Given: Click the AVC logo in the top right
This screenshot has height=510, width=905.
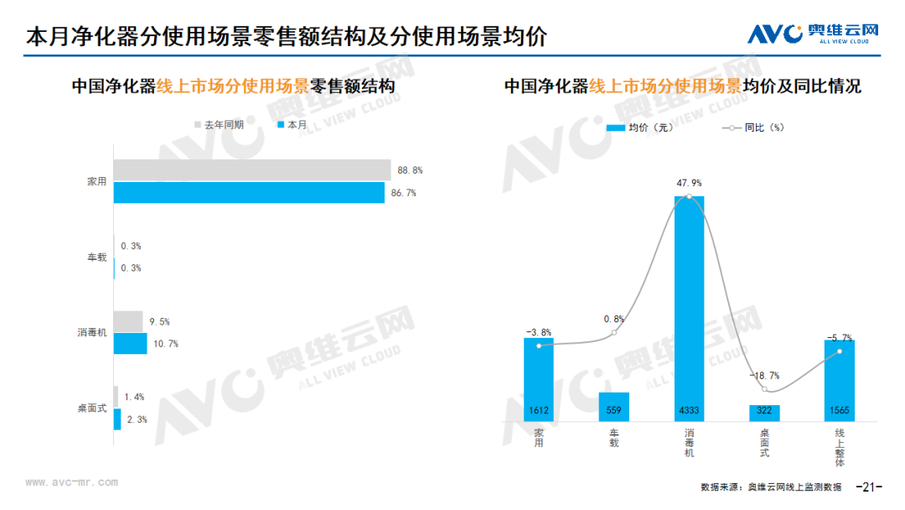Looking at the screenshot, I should [x=813, y=34].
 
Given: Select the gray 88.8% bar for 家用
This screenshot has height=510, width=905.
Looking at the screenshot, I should [x=251, y=169].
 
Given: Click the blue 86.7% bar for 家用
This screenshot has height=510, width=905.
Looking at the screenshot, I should [x=249, y=193].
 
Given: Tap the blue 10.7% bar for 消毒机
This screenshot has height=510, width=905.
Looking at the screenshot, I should [x=130, y=343].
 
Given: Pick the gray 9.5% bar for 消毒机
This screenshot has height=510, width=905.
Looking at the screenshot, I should [x=128, y=321].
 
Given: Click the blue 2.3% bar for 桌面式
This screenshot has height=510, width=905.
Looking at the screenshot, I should [x=117, y=419].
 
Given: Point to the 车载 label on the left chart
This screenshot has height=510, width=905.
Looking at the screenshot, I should [x=97, y=257].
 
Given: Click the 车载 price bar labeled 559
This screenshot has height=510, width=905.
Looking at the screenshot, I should [x=614, y=406].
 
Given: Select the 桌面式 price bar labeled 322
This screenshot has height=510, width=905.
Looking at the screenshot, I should [x=764, y=413].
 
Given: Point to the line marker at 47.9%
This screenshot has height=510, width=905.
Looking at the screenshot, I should [x=689, y=196].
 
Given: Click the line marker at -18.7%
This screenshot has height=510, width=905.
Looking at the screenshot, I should [x=764, y=389].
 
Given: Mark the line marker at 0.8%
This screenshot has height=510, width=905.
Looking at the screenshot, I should [x=614, y=333].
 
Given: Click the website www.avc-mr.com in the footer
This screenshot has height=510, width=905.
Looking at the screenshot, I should [x=71, y=482].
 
